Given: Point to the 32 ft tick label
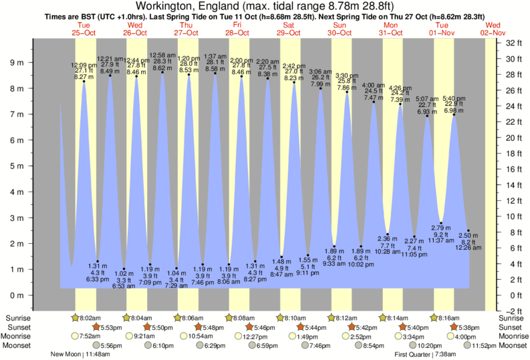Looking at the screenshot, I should click(x=513, y=43).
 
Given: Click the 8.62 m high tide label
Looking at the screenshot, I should click(x=163, y=68).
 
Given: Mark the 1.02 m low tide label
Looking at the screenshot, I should click(x=124, y=272).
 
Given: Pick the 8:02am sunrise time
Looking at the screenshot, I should click(x=90, y=318).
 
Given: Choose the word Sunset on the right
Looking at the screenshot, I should click(x=513, y=327).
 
